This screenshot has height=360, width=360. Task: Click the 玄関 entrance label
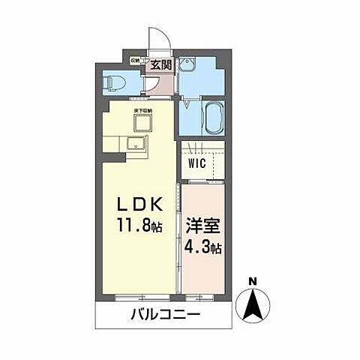point(160,64)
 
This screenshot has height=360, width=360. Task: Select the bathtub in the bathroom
point(212,118)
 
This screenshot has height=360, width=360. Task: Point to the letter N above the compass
point(253,281)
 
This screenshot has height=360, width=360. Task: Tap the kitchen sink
point(138,144)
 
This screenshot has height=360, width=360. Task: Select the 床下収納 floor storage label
point(143,111)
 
